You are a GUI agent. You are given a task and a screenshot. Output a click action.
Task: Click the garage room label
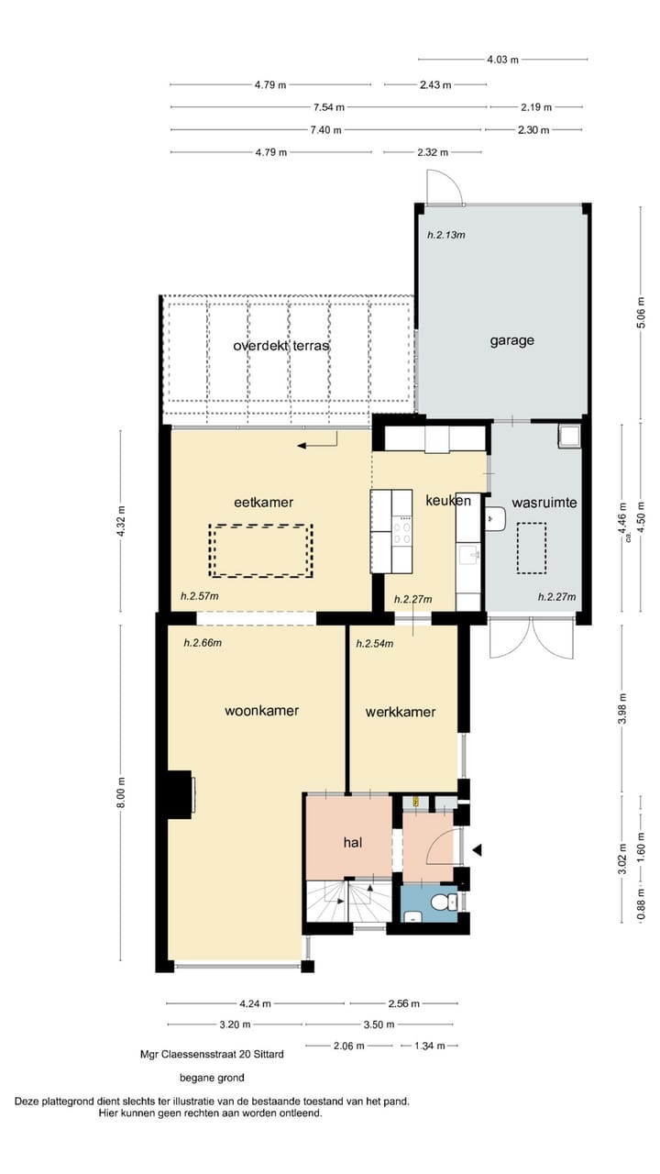coord(511,340)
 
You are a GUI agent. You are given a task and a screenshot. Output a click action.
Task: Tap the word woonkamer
coord(262,710)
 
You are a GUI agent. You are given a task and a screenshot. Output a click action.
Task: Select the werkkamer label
coord(400,712)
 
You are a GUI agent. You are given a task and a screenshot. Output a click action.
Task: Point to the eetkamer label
coord(256,501)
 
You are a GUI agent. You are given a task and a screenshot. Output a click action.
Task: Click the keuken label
coord(448,501)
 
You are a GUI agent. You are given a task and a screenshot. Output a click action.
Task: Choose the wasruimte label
coord(544,503)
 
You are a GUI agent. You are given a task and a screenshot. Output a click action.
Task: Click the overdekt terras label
coord(280,346)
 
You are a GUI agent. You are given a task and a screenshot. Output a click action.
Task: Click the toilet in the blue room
coord(446,903)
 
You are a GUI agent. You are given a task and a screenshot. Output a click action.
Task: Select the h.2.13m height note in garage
coord(446,235)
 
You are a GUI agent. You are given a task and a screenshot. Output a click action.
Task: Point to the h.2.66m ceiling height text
coord(203,643)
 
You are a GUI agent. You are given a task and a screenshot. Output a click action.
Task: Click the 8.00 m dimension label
coord(122,792)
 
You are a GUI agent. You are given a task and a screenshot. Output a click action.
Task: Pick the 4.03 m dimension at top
coord(502,60)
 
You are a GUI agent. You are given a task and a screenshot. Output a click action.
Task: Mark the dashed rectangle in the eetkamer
coord(260,550)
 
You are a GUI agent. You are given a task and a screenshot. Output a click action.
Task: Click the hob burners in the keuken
coord(401,533)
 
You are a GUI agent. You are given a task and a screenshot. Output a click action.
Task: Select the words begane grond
coord(212,1078)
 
